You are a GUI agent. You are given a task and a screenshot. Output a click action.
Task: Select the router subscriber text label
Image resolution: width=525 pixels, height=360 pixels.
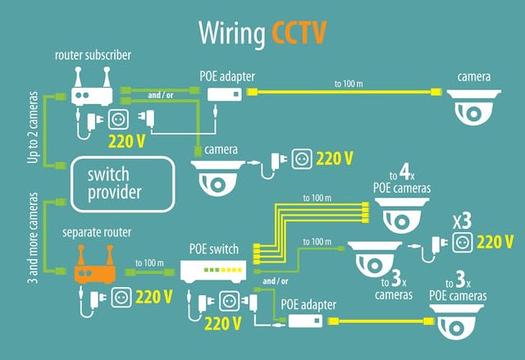[93, 55]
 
